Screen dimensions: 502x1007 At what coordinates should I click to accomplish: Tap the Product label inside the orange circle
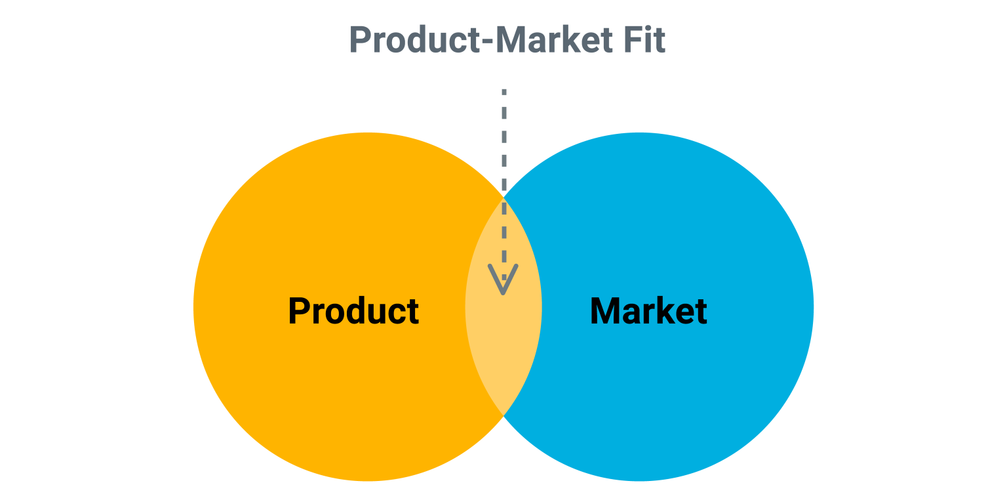pos(353,311)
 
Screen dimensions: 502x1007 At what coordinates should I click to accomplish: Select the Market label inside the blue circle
pos(648,311)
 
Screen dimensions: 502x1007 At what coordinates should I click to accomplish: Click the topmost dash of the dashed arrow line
pos(503,93)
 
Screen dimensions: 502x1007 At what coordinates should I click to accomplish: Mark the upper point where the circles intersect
pos(503,196)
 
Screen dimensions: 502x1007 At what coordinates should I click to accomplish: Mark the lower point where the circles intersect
pos(503,416)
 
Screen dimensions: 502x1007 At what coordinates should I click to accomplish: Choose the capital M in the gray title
pos(511,40)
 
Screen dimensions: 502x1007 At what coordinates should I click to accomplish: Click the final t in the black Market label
pos(701,312)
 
